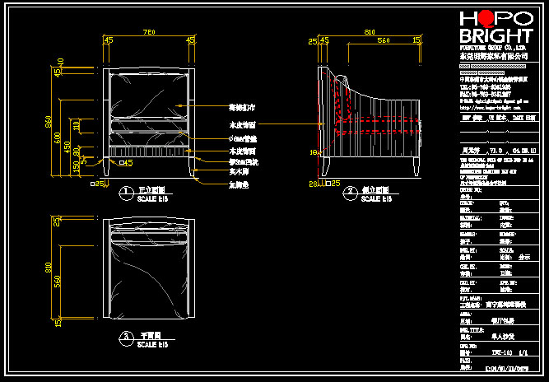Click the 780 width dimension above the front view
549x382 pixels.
(149, 32)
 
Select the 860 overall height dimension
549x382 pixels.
(49, 122)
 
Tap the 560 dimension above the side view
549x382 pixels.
(383, 40)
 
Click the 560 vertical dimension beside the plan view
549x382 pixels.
(58, 281)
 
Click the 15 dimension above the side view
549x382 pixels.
(416, 40)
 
